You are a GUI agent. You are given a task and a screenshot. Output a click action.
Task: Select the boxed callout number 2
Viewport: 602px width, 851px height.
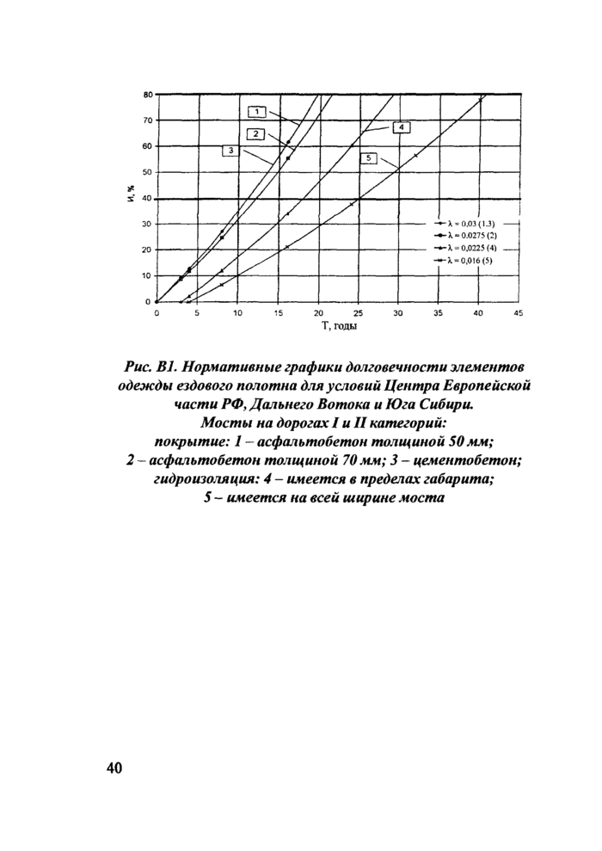[x=255, y=133]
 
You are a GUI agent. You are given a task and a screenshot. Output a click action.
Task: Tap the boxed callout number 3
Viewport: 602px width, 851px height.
[x=231, y=151]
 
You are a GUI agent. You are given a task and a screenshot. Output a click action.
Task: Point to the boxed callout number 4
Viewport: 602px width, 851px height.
[x=400, y=127]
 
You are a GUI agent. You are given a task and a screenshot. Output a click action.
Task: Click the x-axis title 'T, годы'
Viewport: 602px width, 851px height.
[x=340, y=326]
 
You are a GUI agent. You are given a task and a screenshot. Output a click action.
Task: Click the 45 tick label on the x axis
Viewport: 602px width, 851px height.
[x=517, y=313]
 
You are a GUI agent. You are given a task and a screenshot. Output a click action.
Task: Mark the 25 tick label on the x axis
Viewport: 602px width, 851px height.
[x=357, y=313]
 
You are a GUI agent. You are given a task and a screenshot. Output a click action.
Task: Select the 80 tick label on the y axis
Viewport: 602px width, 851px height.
[x=147, y=94]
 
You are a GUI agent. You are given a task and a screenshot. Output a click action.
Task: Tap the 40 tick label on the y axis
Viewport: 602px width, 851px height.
[x=147, y=198]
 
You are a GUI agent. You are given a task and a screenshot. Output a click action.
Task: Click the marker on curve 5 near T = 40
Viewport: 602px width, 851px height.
[x=480, y=101]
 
